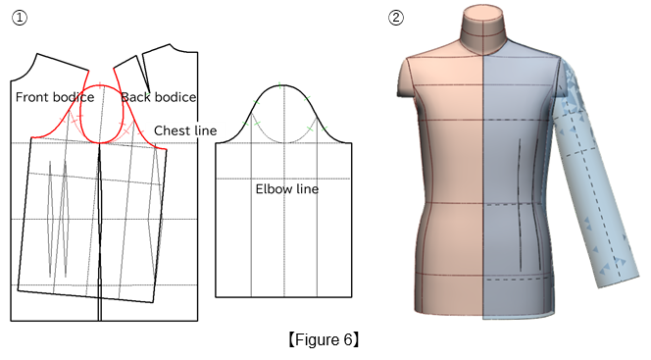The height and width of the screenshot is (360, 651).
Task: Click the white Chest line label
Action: tap(185, 130)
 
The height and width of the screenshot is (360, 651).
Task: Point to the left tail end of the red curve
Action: tap(32, 136)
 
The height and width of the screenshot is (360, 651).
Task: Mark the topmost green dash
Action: tap(279, 85)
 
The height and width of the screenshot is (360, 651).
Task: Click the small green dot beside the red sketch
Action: tap(147, 94)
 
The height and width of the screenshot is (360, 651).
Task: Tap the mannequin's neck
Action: tap(483, 34)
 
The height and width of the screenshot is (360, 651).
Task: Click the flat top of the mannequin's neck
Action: tap(484, 14)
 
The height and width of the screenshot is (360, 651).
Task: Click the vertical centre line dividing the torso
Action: tap(484, 196)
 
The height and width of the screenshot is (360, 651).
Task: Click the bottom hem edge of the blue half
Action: tap(517, 317)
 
